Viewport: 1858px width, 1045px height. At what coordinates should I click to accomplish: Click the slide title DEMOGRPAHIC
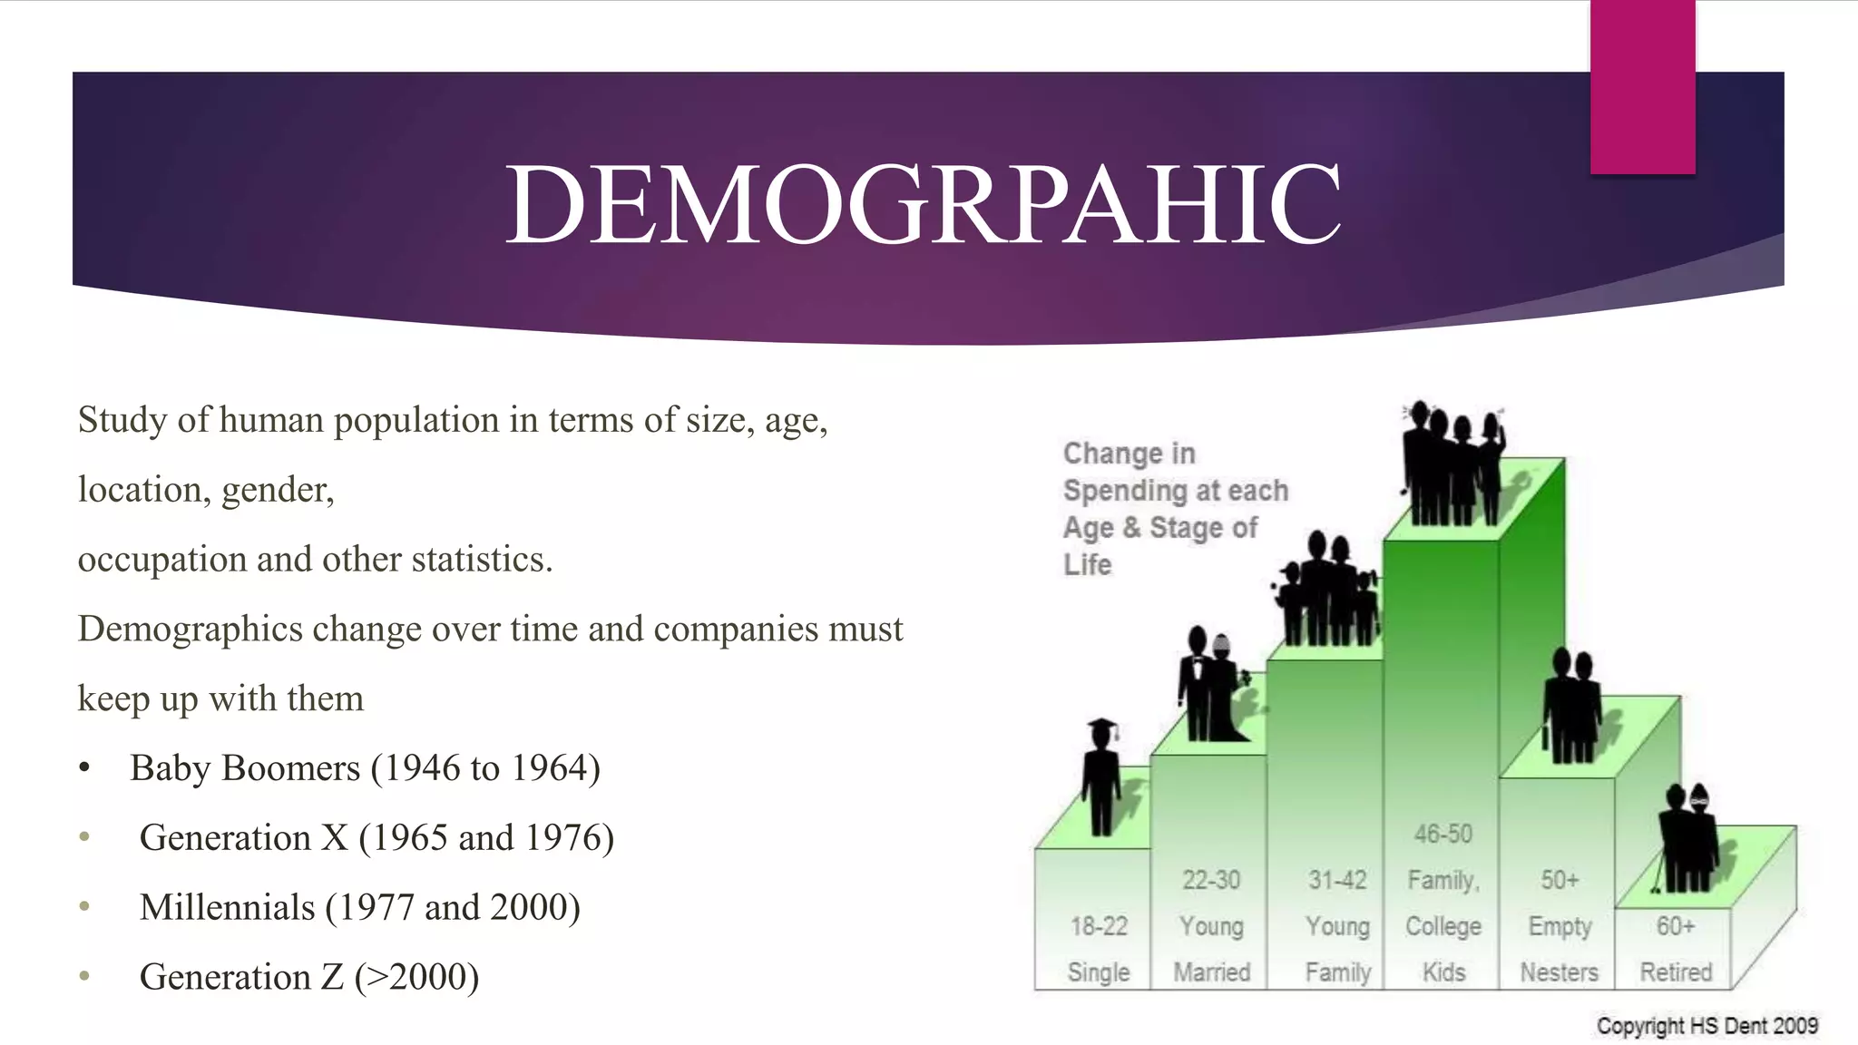[x=922, y=205]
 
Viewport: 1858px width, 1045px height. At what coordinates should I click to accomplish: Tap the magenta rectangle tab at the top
[x=1642, y=86]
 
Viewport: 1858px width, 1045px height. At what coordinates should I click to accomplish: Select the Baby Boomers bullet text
[x=365, y=768]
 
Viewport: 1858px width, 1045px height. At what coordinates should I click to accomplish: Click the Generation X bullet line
[x=376, y=838]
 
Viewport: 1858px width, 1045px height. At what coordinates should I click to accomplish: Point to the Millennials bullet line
[x=359, y=908]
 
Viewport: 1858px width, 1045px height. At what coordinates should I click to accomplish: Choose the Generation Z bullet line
[x=308, y=978]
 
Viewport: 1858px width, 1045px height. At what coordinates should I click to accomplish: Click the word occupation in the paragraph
[x=161, y=560]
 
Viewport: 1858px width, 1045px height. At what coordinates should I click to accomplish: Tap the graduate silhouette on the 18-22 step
[x=1101, y=776]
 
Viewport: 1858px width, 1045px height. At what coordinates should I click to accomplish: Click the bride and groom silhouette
[x=1211, y=685]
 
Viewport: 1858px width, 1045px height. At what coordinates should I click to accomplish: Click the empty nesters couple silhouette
[x=1571, y=706]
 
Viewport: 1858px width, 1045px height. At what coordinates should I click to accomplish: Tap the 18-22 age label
[x=1099, y=926]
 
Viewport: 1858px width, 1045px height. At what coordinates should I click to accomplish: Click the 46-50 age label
[x=1442, y=834]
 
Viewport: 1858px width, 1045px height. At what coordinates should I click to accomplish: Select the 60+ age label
[x=1675, y=926]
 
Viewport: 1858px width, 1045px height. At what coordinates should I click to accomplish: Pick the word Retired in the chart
[x=1676, y=972]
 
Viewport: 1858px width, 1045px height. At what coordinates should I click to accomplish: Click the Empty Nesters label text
[x=1560, y=949]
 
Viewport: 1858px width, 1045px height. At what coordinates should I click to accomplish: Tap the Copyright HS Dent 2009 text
[x=1706, y=1026]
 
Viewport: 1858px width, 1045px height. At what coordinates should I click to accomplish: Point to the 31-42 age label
[x=1337, y=880]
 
